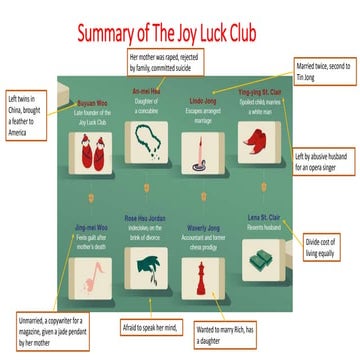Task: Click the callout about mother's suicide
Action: coord(180,63)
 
